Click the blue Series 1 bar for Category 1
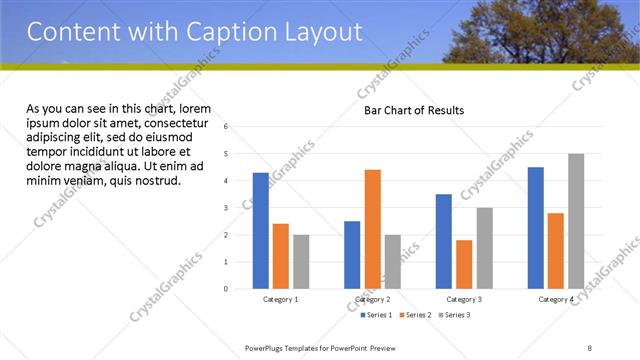tap(261, 230)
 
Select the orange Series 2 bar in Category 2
tap(373, 229)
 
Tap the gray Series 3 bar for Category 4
tap(576, 221)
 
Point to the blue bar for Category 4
tap(536, 227)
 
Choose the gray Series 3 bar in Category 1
tap(301, 261)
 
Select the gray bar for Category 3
tap(484, 248)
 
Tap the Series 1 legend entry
tap(378, 315)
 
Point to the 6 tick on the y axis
tap(227, 127)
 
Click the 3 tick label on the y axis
tap(227, 208)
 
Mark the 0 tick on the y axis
tap(227, 289)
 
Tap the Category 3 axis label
tap(464, 299)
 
